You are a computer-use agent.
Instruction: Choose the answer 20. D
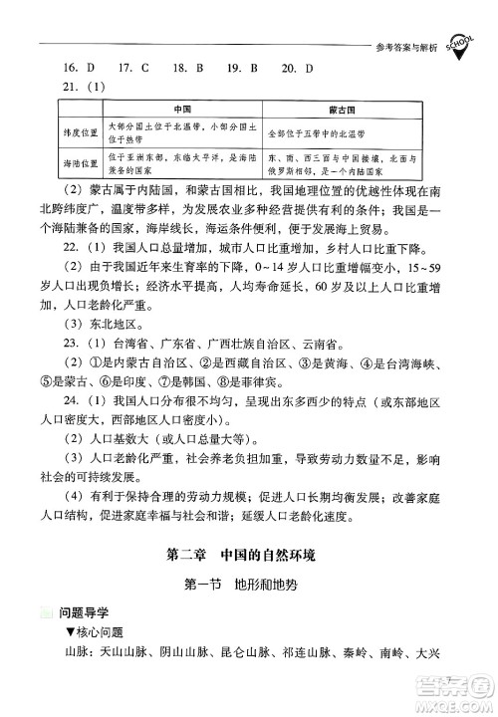tap(297, 68)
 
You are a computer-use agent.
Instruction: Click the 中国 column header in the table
tap(182, 108)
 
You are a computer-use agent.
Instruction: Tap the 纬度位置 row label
tap(83, 127)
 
